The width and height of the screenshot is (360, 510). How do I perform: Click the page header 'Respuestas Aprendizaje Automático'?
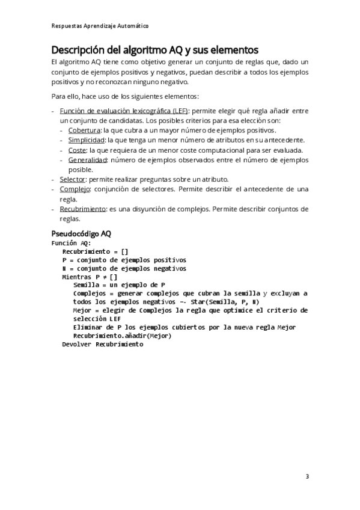tap(100, 26)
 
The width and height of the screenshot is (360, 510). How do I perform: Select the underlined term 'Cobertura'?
tap(84, 130)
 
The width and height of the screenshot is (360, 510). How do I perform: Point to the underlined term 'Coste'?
tap(77, 150)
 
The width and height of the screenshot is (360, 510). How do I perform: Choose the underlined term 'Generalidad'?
tap(87, 160)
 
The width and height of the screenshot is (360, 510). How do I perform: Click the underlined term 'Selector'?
tap(72, 179)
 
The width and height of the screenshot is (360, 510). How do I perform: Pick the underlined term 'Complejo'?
tap(75, 189)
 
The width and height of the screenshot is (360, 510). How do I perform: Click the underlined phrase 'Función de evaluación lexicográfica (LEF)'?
tap(124, 111)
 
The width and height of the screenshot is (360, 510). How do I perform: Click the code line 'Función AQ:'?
tap(71, 243)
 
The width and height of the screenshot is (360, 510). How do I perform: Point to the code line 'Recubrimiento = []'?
tap(95, 251)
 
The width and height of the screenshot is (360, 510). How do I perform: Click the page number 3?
tap(307, 477)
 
